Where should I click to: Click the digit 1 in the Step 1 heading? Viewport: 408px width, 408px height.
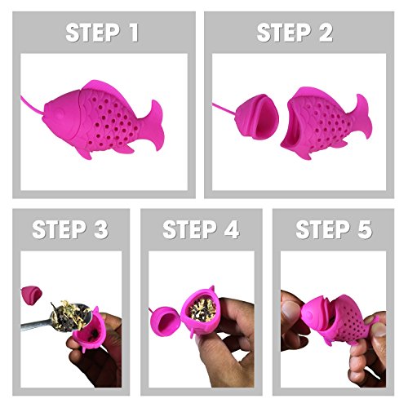point(133,33)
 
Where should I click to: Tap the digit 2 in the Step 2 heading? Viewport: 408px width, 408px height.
point(326,33)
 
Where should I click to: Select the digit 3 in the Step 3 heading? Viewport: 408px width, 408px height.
point(101,229)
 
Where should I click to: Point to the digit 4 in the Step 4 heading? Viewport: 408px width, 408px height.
point(232,229)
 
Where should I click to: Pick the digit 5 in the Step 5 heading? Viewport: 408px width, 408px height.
point(365,229)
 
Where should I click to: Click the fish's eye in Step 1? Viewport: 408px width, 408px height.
point(60,113)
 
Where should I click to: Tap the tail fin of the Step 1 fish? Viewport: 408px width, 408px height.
point(156,125)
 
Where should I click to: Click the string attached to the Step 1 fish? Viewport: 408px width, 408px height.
point(32,104)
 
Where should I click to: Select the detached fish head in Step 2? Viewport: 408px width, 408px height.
point(257,117)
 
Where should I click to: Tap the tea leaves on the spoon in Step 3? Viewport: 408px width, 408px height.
point(72,315)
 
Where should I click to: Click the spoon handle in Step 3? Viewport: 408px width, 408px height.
point(36,326)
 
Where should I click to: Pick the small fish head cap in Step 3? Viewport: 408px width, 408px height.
point(31,295)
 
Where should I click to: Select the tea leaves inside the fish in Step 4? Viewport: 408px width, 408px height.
point(202,309)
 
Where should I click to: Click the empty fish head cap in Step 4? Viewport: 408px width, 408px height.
point(165,322)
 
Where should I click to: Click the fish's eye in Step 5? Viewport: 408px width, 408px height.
point(309,315)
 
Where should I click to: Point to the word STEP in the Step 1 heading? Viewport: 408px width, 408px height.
point(93,33)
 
